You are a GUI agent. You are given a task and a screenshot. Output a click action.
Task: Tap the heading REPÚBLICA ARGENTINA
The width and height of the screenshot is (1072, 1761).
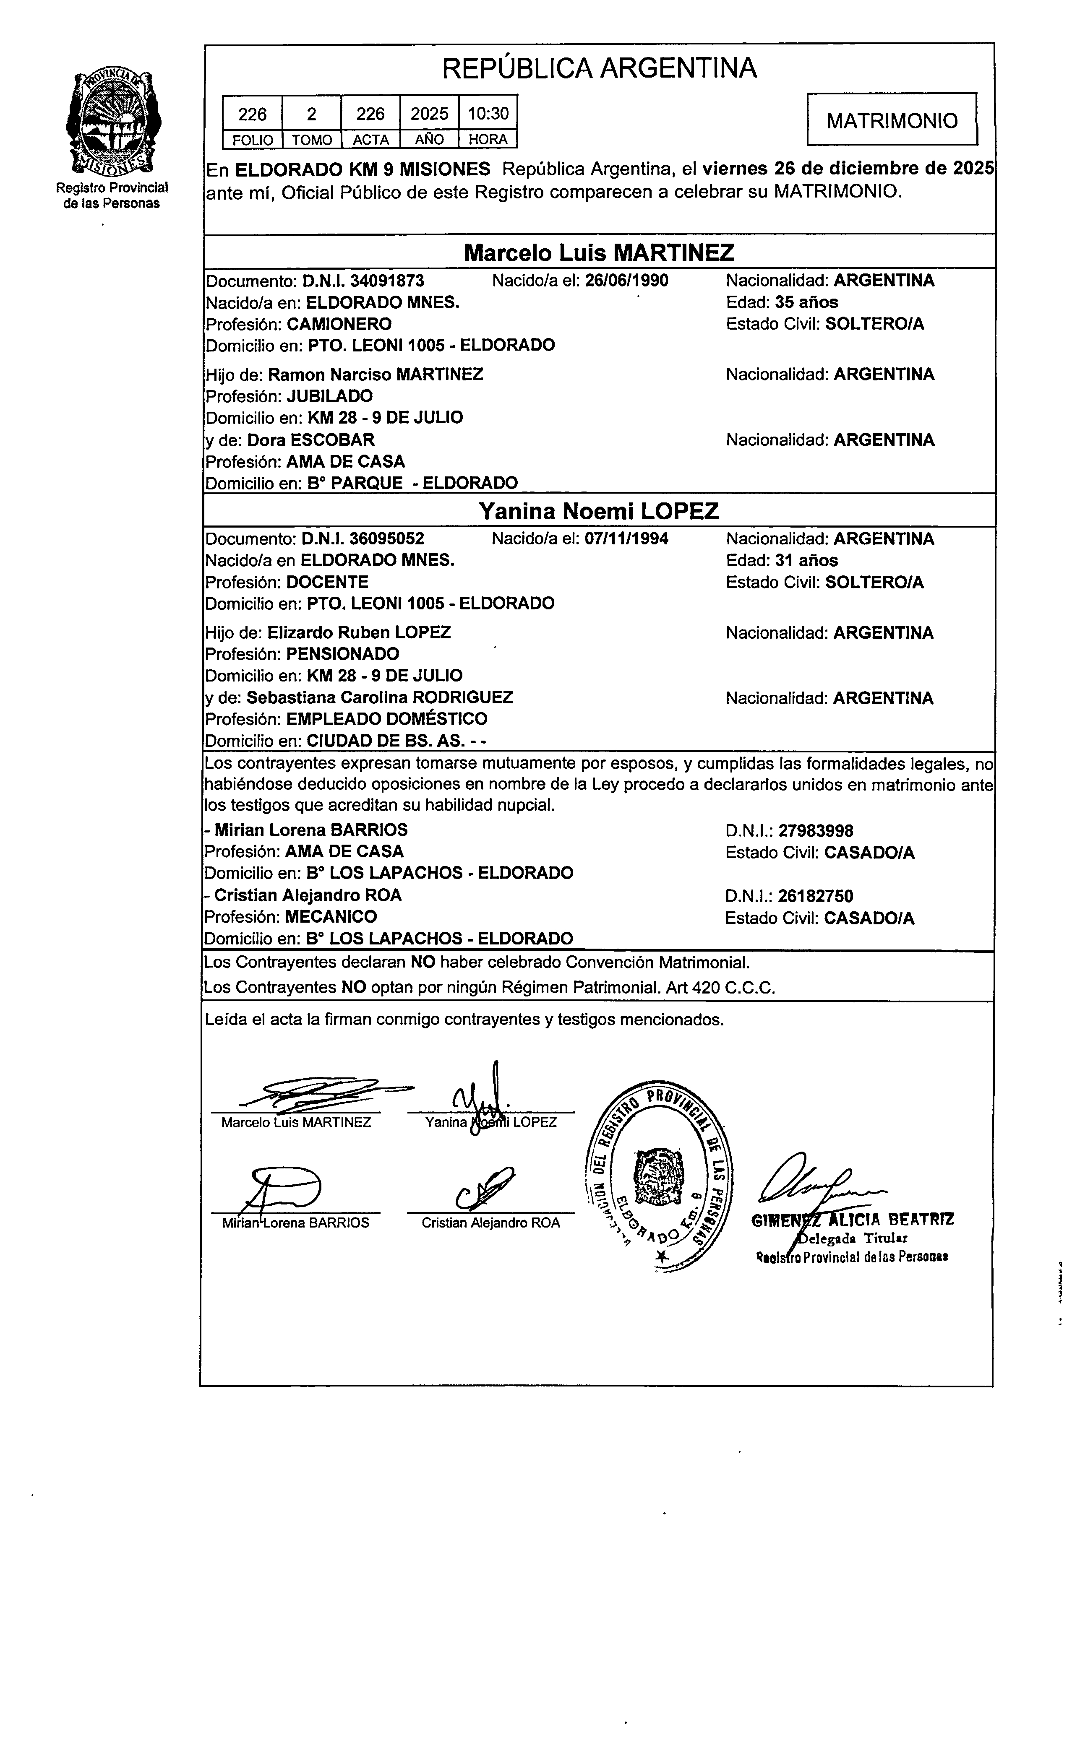[599, 69]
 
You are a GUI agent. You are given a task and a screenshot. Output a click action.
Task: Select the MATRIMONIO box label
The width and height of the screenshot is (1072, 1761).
[892, 121]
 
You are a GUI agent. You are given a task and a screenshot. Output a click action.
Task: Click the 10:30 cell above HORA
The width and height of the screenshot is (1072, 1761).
[488, 114]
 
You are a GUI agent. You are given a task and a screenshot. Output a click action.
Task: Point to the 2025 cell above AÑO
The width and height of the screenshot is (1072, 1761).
[429, 114]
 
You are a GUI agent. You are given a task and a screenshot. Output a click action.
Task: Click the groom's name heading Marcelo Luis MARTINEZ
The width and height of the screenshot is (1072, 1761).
[599, 252]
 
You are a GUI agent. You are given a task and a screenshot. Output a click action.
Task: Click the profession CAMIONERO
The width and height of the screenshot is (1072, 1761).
[339, 324]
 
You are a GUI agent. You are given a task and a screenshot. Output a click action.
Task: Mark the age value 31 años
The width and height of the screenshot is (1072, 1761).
[811, 560]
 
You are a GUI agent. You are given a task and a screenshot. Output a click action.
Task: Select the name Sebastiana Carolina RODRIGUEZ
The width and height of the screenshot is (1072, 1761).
[380, 697]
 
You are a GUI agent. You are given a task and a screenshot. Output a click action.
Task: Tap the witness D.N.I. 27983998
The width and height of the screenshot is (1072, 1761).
[815, 830]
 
